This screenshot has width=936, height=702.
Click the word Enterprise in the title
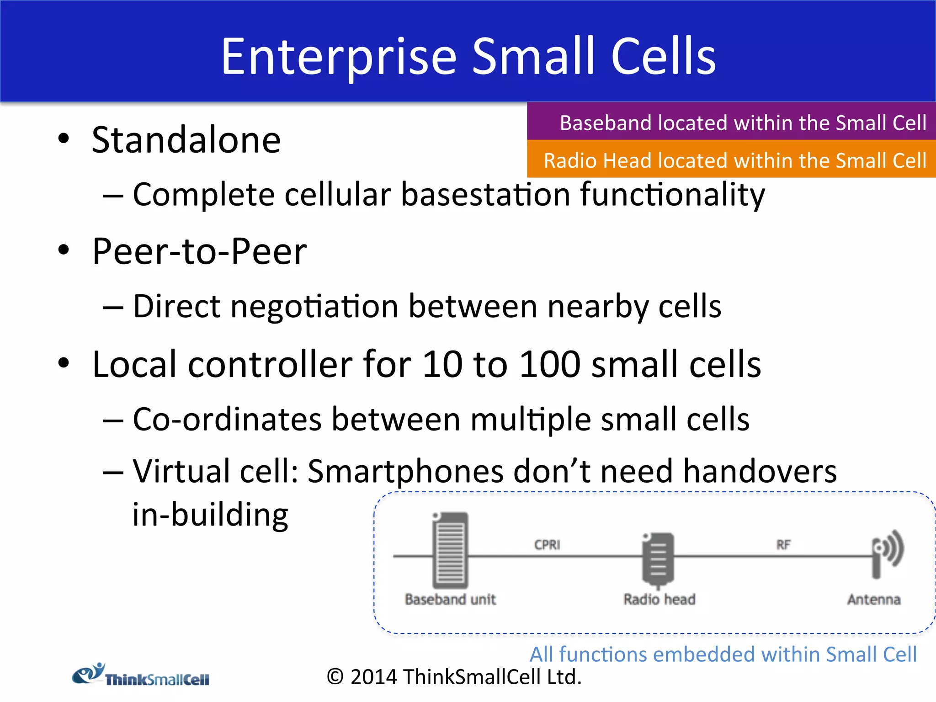(338, 57)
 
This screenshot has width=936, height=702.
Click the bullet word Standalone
(186, 140)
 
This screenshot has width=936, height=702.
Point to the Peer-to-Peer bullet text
(199, 251)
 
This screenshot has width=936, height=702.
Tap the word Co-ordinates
(227, 419)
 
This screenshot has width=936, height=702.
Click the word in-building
(210, 515)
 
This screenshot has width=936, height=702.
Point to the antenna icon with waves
(887, 553)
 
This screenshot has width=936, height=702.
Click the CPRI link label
(547, 545)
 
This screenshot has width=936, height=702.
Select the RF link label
(783, 545)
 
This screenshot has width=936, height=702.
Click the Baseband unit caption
(450, 599)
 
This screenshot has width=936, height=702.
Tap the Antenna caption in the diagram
(873, 599)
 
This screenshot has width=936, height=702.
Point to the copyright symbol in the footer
(335, 677)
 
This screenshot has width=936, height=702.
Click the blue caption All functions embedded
(723, 654)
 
